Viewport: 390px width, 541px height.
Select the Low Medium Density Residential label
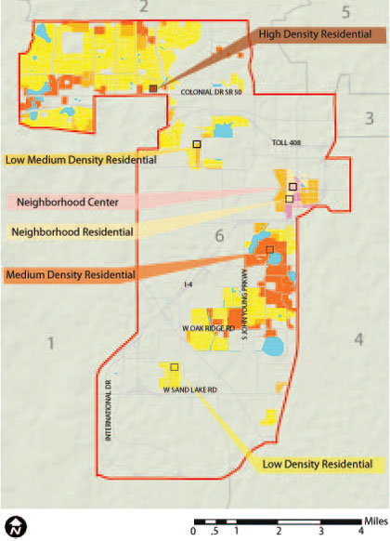point(79,160)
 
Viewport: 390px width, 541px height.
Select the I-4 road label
point(189,284)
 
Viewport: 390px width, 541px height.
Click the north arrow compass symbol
point(15,527)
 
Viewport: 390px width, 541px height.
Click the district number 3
point(369,118)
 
